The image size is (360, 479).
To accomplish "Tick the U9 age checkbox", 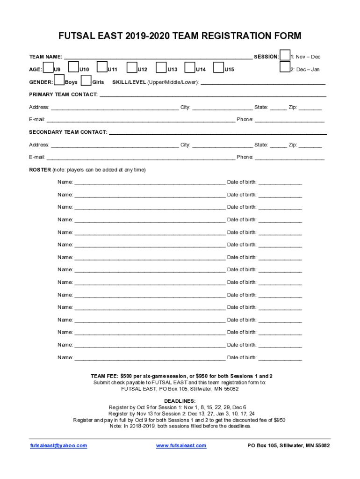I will [x=48, y=68].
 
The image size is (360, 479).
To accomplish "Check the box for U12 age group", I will [x=132, y=68].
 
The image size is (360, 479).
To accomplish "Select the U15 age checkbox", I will [x=218, y=68].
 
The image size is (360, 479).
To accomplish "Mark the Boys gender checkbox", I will [x=59, y=81].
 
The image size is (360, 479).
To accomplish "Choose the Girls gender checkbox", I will [x=86, y=81].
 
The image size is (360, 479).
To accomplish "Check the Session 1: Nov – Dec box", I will [x=285, y=55].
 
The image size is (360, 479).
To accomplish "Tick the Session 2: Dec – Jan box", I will [x=285, y=68].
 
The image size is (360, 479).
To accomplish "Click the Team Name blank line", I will [x=158, y=58].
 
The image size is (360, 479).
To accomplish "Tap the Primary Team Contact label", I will [x=64, y=95].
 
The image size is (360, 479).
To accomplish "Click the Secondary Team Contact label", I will [x=68, y=132].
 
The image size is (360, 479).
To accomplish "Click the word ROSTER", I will [x=40, y=170].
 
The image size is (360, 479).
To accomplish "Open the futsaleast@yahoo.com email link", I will [x=58, y=446].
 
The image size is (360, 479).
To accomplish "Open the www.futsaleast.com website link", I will [x=181, y=446].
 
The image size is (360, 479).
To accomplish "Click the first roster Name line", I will [x=150, y=182].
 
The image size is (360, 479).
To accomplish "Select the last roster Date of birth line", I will [x=280, y=358].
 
